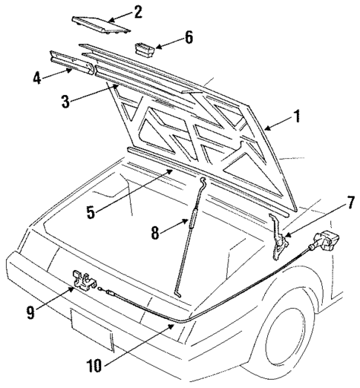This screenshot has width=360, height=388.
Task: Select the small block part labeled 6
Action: click(144, 49)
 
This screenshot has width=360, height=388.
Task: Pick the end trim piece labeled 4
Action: click(73, 64)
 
